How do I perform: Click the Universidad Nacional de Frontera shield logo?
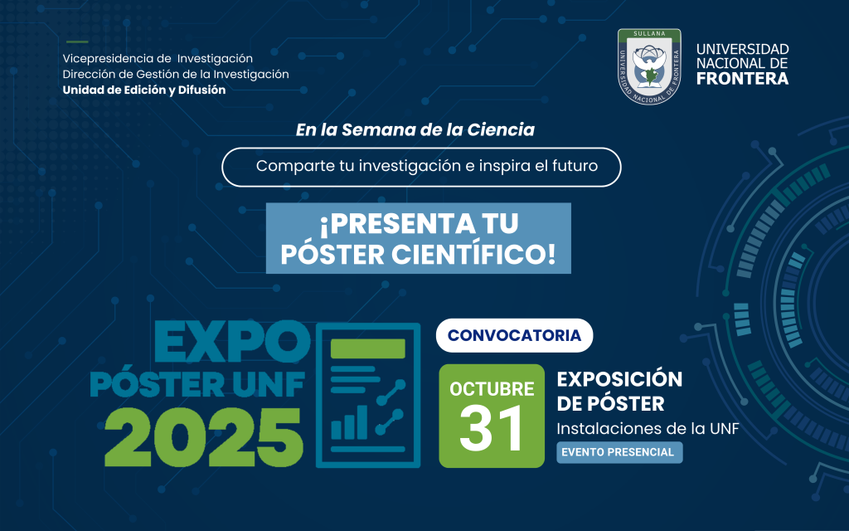[648, 69]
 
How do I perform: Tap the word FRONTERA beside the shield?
[743, 80]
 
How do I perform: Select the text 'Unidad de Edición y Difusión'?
[144, 90]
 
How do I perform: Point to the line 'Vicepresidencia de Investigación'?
[158, 59]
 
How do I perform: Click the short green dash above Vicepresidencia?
[77, 41]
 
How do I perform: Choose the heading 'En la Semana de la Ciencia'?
[415, 130]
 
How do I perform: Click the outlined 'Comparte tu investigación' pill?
[421, 166]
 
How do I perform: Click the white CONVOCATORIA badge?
[514, 336]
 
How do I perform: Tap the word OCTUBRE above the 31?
[492, 388]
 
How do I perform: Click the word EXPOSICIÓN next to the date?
[620, 379]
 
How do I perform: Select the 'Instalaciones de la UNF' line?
[648, 428]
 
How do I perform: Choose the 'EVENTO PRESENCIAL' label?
[619, 452]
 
